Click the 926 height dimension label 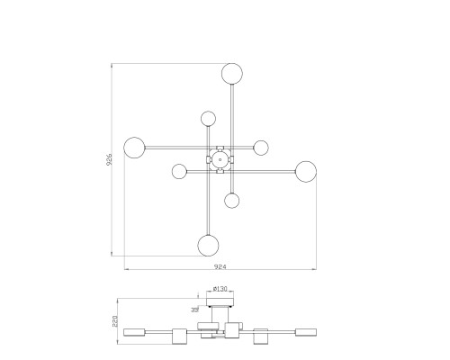(x=109, y=159)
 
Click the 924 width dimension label (x=220, y=266)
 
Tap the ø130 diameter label (x=220, y=289)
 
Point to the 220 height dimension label (x=115, y=321)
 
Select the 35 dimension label (x=195, y=309)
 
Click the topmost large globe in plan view (x=232, y=74)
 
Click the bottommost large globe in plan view (x=208, y=245)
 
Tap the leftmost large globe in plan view (x=134, y=148)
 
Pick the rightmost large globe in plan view (x=306, y=172)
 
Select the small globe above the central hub (x=208, y=119)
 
